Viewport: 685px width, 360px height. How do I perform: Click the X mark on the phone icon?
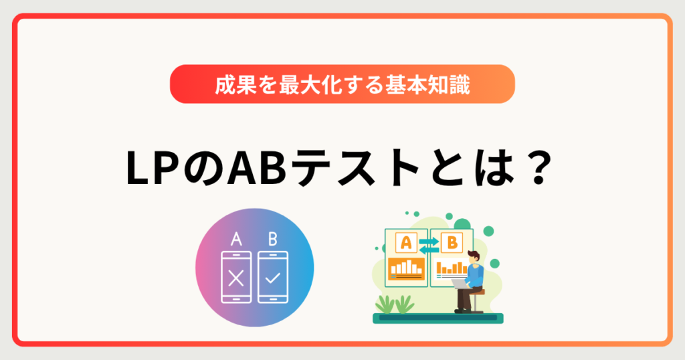pos(235,278)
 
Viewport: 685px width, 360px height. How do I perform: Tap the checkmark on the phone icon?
pos(272,278)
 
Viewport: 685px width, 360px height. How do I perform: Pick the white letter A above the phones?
pos(235,239)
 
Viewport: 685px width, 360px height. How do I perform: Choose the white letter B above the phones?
pos(272,239)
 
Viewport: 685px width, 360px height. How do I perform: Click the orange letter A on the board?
pos(406,242)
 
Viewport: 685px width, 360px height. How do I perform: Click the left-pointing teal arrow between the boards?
pos(429,248)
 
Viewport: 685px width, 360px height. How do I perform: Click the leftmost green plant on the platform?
pos(386,305)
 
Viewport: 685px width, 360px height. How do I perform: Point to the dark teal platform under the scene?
pos(437,319)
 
